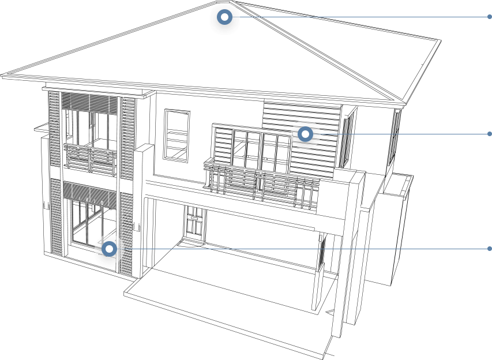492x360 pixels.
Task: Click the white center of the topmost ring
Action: click(224, 17)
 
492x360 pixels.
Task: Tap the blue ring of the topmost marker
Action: click(219, 17)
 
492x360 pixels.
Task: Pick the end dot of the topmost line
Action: click(490, 17)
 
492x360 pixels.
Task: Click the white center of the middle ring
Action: click(306, 134)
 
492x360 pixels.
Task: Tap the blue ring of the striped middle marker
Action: click(301, 134)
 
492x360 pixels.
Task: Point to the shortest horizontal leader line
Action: click(404, 134)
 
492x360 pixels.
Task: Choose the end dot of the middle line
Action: click(490, 134)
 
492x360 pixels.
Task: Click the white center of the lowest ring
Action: click(110, 249)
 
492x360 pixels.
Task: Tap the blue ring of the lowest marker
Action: click(104, 249)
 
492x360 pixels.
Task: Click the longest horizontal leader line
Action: click(306, 249)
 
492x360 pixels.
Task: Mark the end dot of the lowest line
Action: click(490, 249)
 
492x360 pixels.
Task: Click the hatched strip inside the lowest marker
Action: click(120, 249)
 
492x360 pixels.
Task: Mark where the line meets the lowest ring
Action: click(118, 249)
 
